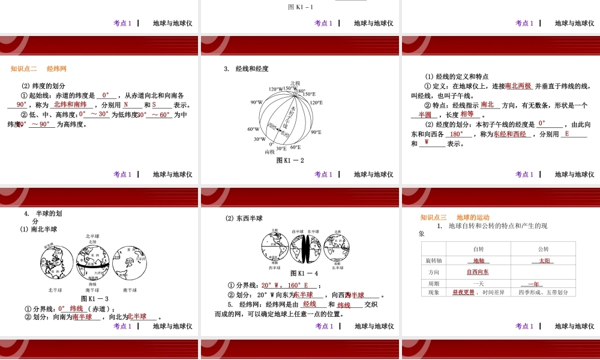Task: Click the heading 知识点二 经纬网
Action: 38,69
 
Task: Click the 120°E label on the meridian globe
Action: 316,102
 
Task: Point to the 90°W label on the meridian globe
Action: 256,102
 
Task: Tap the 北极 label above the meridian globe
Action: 295,83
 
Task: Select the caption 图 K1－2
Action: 290,161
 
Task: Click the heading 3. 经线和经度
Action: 246,69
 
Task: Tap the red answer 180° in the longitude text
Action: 457,134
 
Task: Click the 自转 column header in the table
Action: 478,249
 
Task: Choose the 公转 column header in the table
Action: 543,249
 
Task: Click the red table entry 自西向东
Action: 478,272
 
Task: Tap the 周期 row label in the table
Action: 433,283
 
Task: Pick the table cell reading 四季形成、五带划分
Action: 542,293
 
